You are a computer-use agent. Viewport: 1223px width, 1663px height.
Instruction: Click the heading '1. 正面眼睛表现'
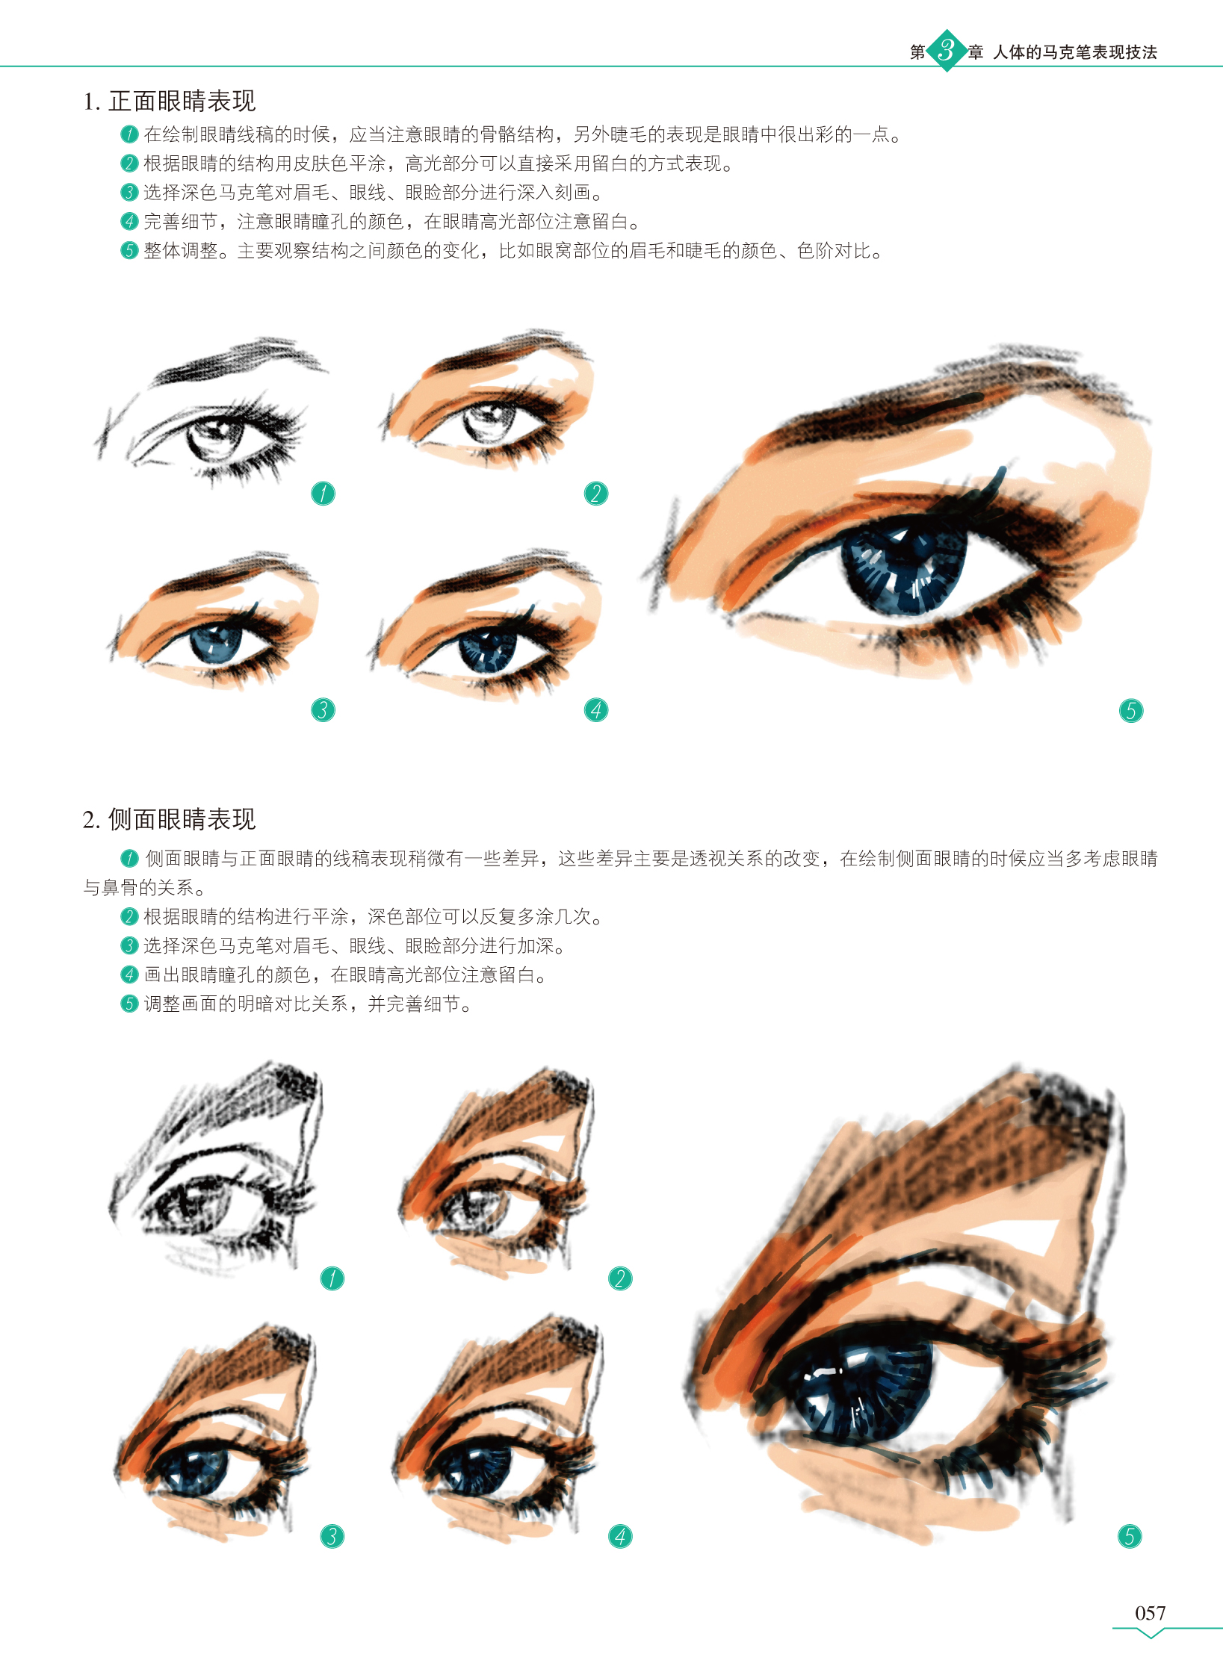[170, 101]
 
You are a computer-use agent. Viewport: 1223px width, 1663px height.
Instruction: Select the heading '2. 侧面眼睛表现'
[170, 819]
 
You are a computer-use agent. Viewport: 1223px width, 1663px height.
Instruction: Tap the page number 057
[1150, 1613]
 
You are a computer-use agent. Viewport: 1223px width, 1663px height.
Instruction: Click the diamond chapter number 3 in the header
[946, 51]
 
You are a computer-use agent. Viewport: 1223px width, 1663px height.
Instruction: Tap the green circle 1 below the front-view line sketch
[323, 493]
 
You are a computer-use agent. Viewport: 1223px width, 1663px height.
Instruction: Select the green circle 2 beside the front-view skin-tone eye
[595, 493]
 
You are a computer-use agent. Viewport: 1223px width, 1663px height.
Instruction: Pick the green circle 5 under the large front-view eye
[1130, 710]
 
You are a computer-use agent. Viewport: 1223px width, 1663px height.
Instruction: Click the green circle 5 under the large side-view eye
[1129, 1536]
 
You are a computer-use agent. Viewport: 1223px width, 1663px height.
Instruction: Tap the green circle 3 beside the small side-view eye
[332, 1536]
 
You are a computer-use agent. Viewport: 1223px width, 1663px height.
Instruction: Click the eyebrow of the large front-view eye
[949, 403]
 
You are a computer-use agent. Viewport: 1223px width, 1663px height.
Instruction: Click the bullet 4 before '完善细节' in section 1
[129, 222]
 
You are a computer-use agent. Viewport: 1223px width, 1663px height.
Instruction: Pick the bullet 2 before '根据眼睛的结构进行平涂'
[129, 916]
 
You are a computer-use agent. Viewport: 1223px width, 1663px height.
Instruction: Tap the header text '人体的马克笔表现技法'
[1075, 52]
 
